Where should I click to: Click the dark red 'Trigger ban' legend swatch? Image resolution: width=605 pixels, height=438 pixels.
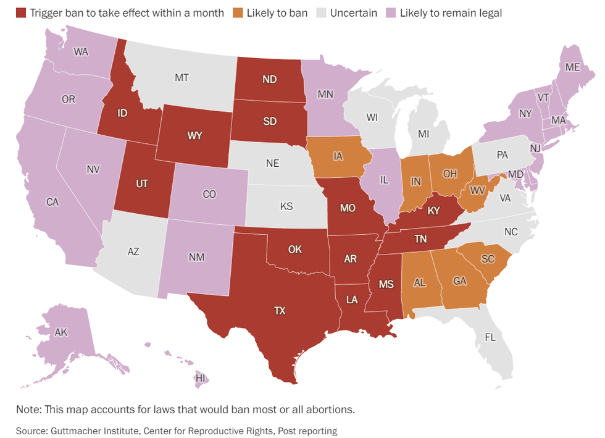[x=22, y=12]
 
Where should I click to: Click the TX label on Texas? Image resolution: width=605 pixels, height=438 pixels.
[x=280, y=311]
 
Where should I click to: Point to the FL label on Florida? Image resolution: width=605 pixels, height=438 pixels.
[x=490, y=338]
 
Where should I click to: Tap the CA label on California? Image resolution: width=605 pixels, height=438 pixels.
[x=52, y=201]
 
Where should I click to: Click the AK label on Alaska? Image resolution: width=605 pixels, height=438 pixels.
[x=60, y=332]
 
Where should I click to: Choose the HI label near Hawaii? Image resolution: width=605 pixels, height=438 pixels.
[x=200, y=377]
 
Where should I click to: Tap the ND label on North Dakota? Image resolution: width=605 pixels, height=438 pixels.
[x=270, y=79]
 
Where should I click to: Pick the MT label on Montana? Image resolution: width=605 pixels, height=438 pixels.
[x=181, y=78]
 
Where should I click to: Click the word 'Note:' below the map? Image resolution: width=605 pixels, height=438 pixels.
[x=30, y=410]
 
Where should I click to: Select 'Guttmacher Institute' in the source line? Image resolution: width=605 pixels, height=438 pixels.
[x=93, y=430]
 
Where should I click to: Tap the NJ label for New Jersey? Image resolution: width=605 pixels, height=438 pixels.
[x=535, y=148]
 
